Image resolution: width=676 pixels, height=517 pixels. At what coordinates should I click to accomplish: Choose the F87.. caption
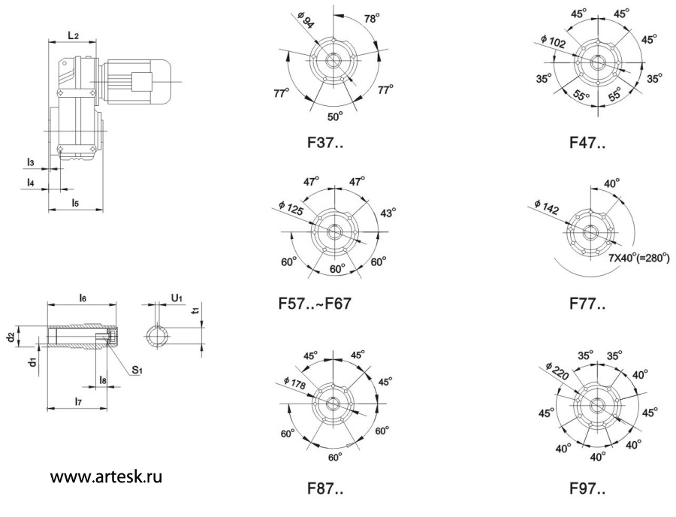pos(325,489)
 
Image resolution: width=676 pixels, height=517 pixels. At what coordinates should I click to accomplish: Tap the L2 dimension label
pos(74,35)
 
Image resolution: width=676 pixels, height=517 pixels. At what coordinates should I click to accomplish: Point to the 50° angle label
pos(334,116)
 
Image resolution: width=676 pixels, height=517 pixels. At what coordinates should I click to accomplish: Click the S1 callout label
pos(137,369)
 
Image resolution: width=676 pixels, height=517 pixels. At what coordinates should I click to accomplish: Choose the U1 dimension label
pos(177,299)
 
